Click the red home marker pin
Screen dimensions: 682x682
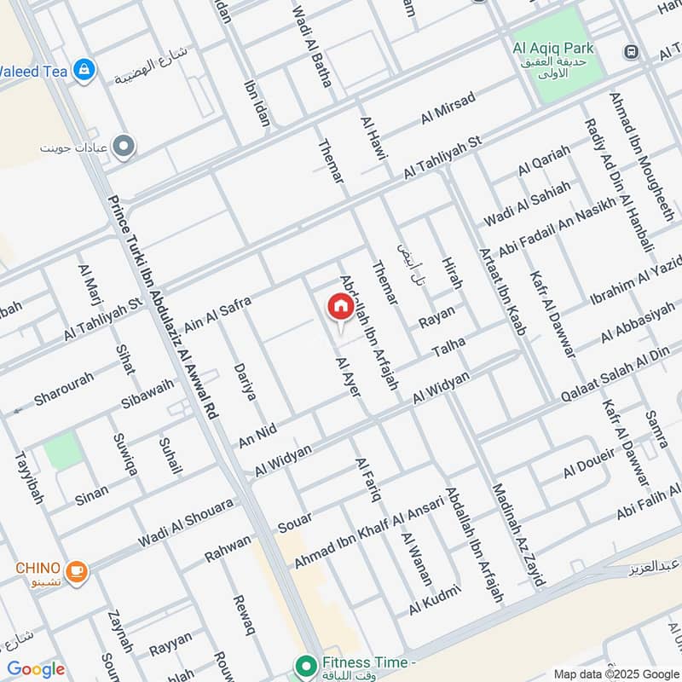coord(340,306)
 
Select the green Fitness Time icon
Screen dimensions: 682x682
coord(303,664)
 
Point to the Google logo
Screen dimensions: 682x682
coord(36,670)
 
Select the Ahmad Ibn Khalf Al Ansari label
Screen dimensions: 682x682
coord(369,533)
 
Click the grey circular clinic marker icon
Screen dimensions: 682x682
coord(124,147)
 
